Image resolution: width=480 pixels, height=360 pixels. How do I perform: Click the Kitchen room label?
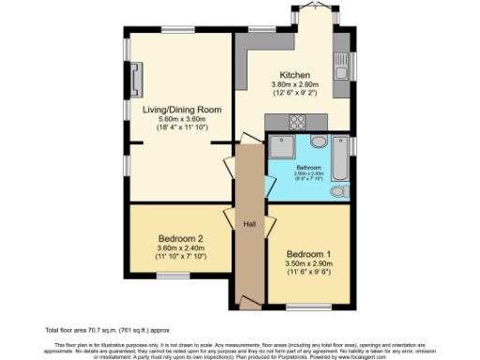[x=294, y=75]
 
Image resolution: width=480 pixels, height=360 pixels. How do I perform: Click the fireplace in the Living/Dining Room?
[x=138, y=80]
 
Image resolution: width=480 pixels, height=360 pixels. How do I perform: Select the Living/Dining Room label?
[x=182, y=110]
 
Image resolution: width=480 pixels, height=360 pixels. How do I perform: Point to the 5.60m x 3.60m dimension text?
[x=182, y=119]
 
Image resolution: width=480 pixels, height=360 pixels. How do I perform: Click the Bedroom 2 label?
[x=181, y=238]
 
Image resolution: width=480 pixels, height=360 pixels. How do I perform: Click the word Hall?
[x=250, y=224]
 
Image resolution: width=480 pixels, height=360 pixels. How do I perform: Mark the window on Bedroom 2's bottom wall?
[x=170, y=275]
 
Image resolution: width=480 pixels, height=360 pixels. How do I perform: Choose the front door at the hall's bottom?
[x=249, y=304]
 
